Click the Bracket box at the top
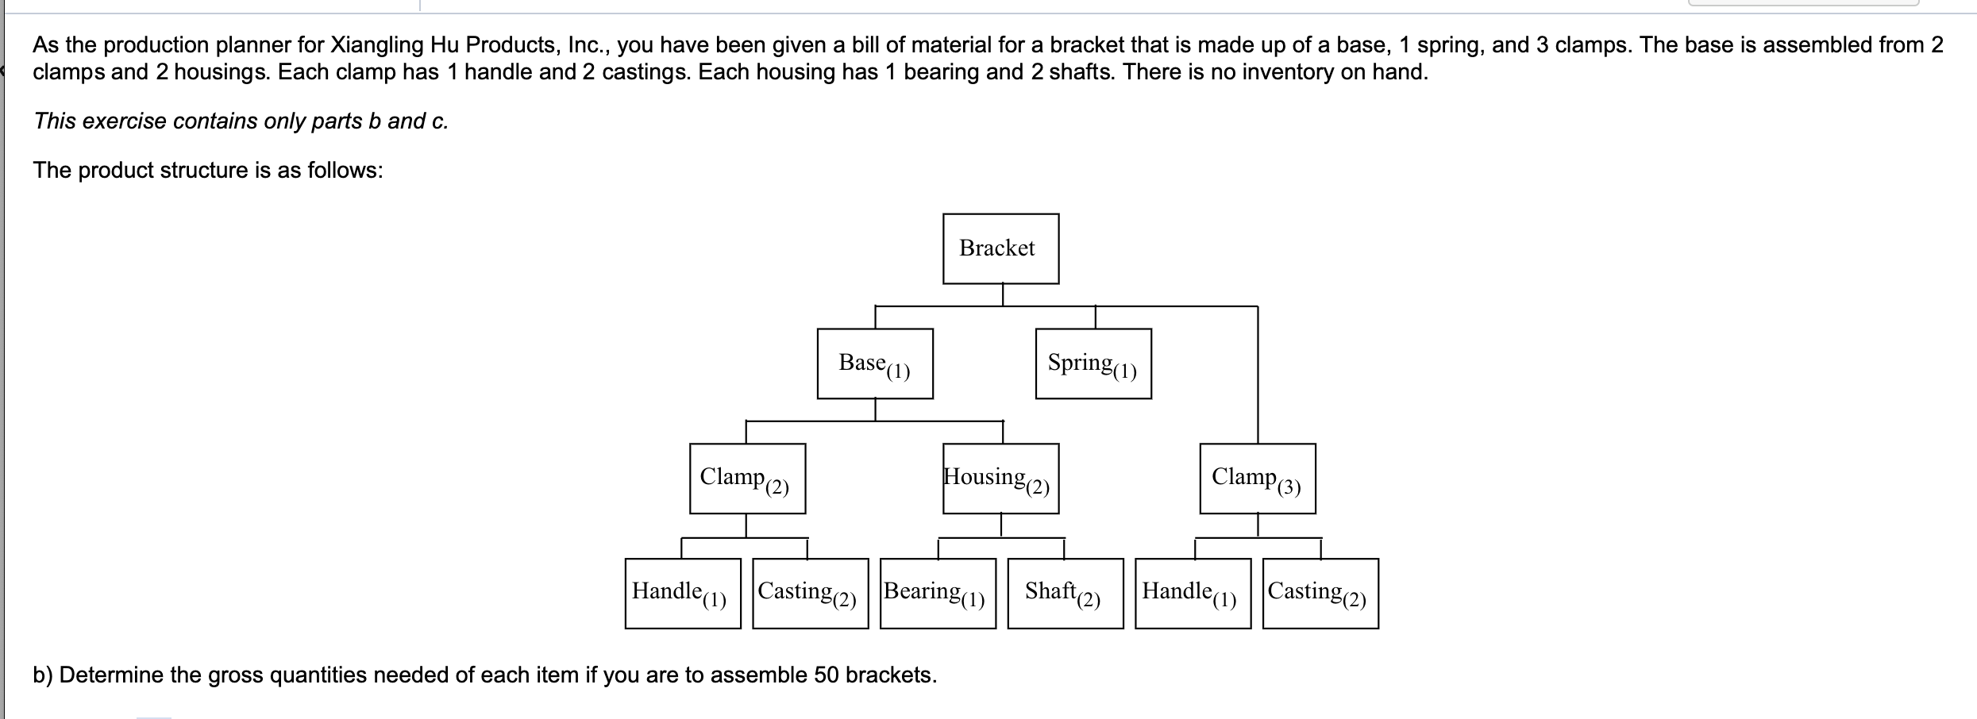click(x=1000, y=248)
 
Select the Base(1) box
click(x=875, y=363)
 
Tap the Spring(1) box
click(x=1093, y=363)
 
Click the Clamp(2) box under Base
click(x=747, y=479)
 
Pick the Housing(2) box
click(x=1000, y=479)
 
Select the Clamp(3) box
click(x=1257, y=479)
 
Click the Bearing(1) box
click(x=938, y=594)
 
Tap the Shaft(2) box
click(x=1065, y=594)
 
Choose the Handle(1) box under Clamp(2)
click(x=683, y=594)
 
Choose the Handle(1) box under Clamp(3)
click(x=1193, y=594)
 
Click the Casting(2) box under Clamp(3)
click(x=1320, y=594)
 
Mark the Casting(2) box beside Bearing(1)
click(x=810, y=594)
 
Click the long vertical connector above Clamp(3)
click(x=1258, y=373)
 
